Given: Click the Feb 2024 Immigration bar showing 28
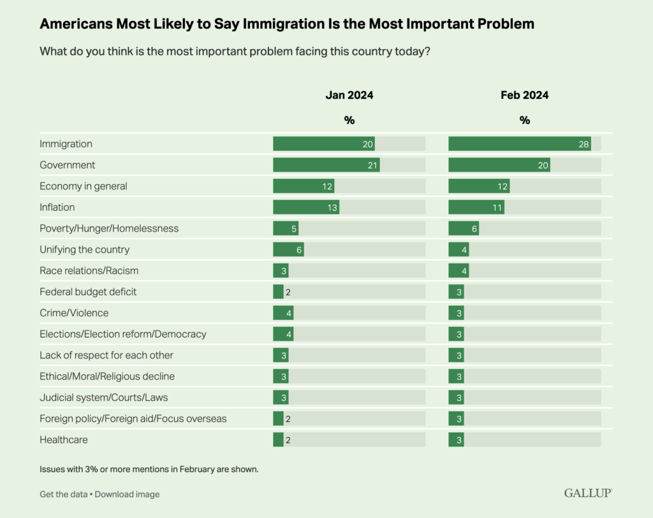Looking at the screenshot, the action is (519, 144).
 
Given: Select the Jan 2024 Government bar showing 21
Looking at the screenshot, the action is (326, 165).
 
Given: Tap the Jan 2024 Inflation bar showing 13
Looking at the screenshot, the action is (306, 207).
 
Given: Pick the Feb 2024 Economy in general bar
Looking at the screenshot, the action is (479, 186).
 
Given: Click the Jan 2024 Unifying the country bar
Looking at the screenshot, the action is (288, 249).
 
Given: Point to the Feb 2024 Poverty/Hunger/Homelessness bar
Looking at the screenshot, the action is (464, 228).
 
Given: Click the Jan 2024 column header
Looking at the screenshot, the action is (349, 96).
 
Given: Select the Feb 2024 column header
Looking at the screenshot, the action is (524, 96).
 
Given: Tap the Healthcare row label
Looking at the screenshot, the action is (64, 440).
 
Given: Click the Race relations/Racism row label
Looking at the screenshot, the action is (89, 270).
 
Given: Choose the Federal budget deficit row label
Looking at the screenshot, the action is (88, 292).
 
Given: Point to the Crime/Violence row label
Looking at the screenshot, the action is (74, 313).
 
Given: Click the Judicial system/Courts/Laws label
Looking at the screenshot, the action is (104, 397).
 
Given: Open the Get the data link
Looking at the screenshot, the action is (63, 494).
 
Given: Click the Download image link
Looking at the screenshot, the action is (127, 494).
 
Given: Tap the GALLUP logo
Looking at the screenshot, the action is (588, 493).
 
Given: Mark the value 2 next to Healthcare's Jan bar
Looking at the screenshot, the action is (288, 440).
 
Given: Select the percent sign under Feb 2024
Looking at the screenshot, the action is (525, 121).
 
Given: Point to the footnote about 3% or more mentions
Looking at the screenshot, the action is (149, 470).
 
